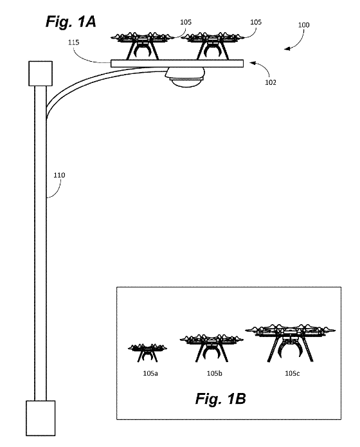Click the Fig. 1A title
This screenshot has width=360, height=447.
click(71, 22)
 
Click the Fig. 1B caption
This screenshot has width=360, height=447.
click(221, 398)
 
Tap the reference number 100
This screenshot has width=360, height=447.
click(303, 25)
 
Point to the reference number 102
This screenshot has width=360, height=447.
click(271, 82)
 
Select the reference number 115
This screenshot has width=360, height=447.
click(73, 42)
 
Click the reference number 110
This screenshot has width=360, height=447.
click(59, 175)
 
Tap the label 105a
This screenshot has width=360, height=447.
click(150, 373)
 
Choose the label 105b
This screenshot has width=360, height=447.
click(214, 373)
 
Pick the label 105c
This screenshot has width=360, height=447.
click(292, 373)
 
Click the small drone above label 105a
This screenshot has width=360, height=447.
click(147, 352)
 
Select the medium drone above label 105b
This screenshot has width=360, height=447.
click(212, 348)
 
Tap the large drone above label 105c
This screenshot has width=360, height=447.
click(290, 343)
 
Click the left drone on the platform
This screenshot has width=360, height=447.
click(143, 46)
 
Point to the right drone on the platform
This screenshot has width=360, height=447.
click(212, 46)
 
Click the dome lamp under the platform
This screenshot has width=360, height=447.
click(184, 77)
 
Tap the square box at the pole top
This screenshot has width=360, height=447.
click(40, 73)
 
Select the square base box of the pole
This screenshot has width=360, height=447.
click(40, 418)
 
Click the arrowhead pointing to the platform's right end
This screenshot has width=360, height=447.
click(252, 63)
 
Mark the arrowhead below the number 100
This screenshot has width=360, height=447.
click(287, 48)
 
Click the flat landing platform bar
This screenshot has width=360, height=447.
click(177, 64)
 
